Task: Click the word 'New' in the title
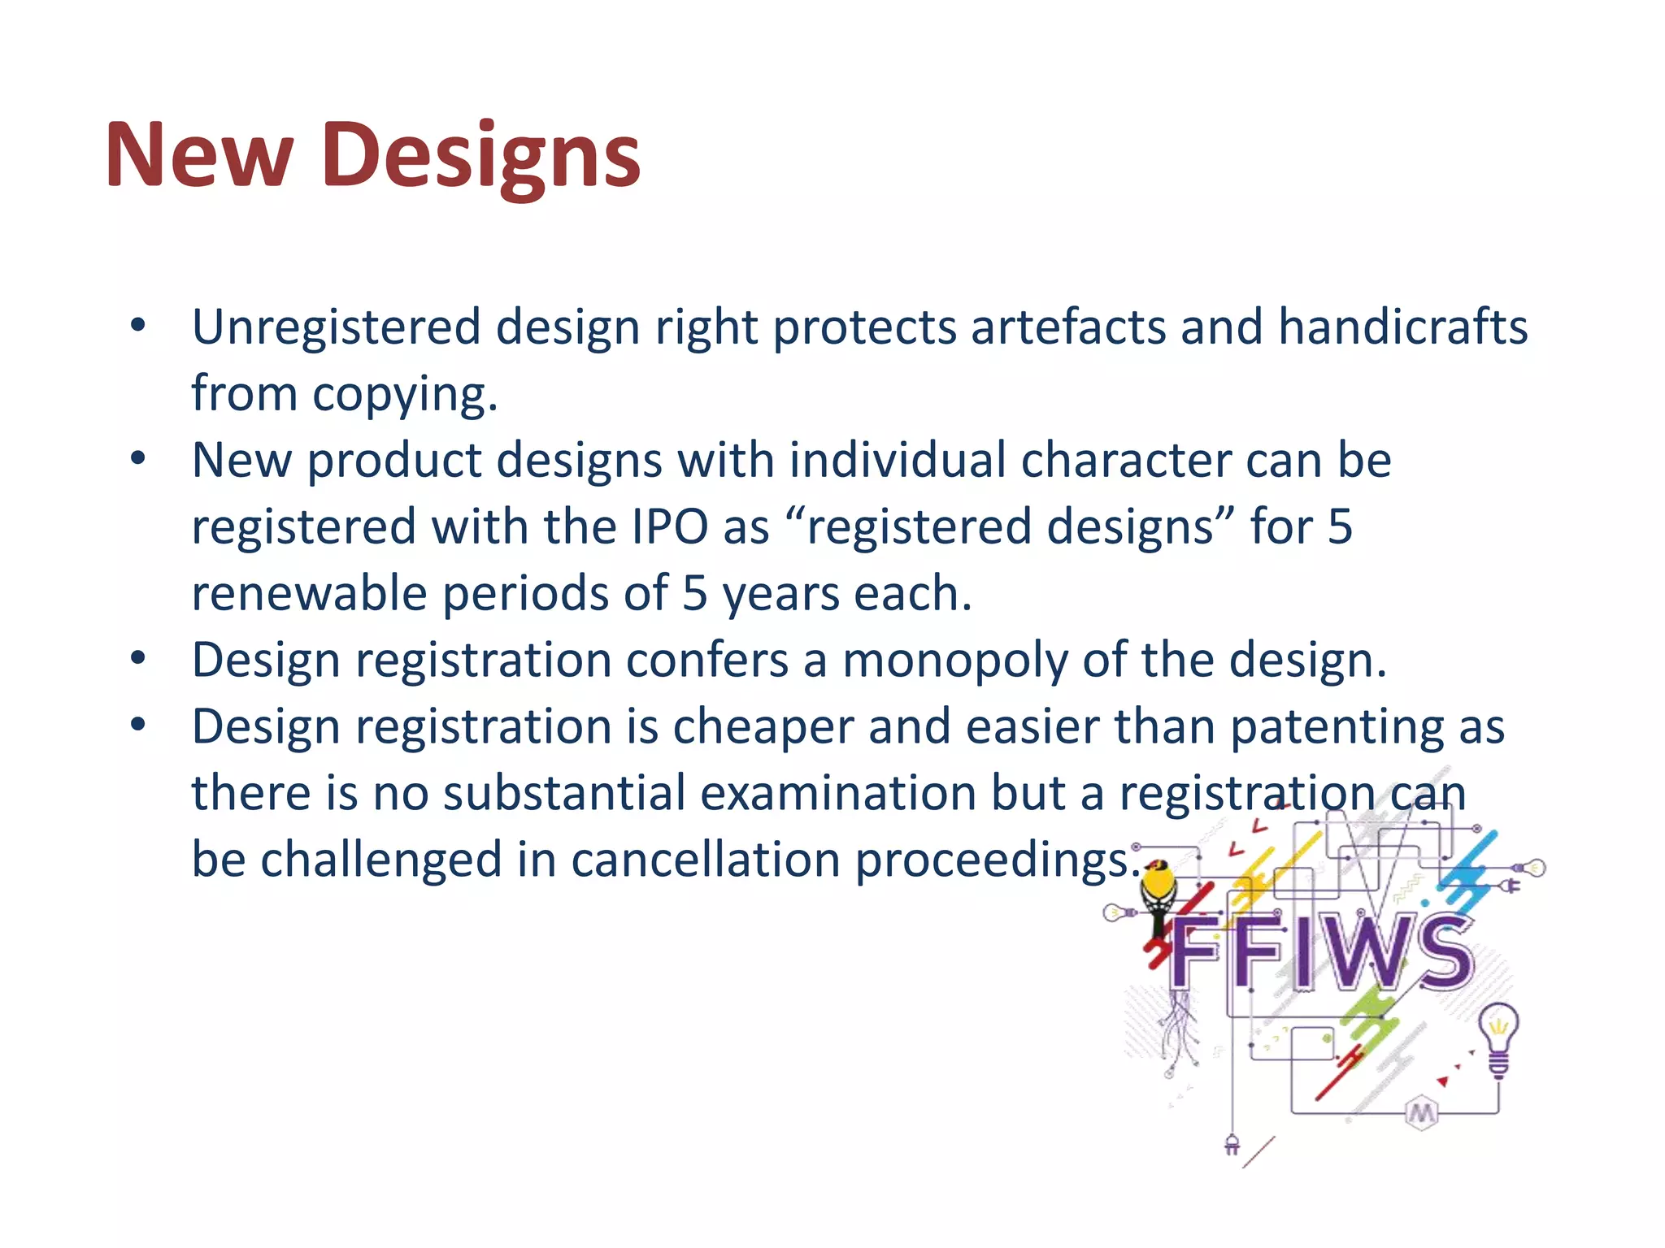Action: pyautogui.click(x=199, y=154)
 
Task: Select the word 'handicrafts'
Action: pyautogui.click(x=1402, y=327)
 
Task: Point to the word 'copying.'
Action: pyautogui.click(x=404, y=395)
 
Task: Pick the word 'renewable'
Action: pyautogui.click(x=309, y=593)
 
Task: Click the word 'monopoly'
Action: pyautogui.click(x=954, y=660)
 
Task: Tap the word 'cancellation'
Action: pyautogui.click(x=706, y=860)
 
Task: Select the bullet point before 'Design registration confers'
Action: pyautogui.click(x=138, y=658)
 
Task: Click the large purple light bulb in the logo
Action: pyautogui.click(x=1498, y=1036)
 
